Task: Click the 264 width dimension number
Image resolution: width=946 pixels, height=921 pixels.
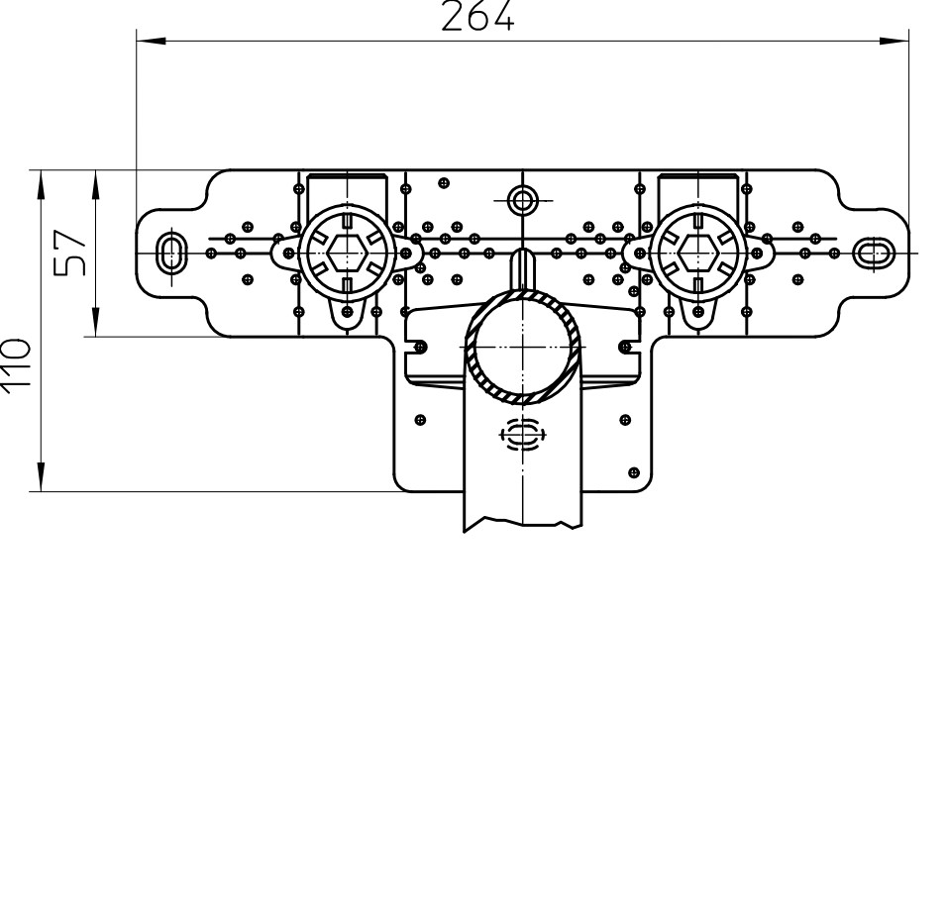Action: click(x=477, y=16)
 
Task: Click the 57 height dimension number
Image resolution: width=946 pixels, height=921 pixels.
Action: click(x=70, y=253)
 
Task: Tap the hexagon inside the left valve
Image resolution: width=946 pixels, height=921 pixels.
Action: click(x=347, y=253)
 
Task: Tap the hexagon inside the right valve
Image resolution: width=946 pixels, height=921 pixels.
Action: click(x=698, y=253)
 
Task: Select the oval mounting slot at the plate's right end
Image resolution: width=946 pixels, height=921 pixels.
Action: click(x=870, y=253)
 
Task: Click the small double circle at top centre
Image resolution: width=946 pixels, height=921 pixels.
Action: click(x=522, y=199)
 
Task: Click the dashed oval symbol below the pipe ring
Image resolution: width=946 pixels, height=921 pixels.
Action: click(x=522, y=435)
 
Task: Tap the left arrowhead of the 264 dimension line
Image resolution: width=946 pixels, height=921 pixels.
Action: click(x=151, y=41)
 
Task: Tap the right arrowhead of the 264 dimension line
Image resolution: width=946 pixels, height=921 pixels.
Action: click(x=894, y=41)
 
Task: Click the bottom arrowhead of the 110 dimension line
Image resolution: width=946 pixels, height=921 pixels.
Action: click(x=41, y=476)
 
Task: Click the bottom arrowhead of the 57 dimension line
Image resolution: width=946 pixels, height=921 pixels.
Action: click(x=96, y=322)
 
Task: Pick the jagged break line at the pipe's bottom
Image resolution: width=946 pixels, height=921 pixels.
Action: click(x=522, y=524)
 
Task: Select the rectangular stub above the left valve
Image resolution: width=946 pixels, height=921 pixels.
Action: click(x=347, y=192)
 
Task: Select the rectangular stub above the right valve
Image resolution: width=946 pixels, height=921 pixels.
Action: click(x=698, y=192)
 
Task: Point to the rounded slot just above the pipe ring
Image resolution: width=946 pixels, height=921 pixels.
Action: click(x=522, y=269)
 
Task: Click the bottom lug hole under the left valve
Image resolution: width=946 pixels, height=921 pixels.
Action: click(x=347, y=311)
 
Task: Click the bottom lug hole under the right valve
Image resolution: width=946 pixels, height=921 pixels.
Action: click(x=698, y=311)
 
